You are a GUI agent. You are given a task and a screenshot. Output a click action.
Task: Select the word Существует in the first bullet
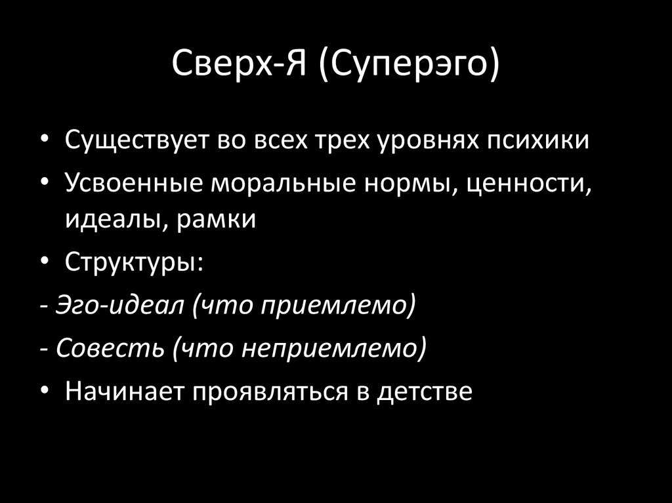tap(135, 142)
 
